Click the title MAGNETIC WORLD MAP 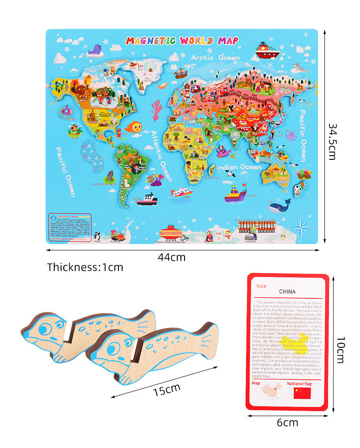pyautogui.click(x=182, y=41)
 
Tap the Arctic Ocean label pyautogui.click(x=215, y=58)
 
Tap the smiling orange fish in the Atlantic pyautogui.click(x=133, y=126)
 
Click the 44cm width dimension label pyautogui.click(x=171, y=257)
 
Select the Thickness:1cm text pyautogui.click(x=85, y=267)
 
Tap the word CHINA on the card pyautogui.click(x=287, y=292)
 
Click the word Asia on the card pyautogui.click(x=261, y=286)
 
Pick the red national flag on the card pyautogui.click(x=302, y=392)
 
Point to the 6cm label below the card pyautogui.click(x=287, y=423)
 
